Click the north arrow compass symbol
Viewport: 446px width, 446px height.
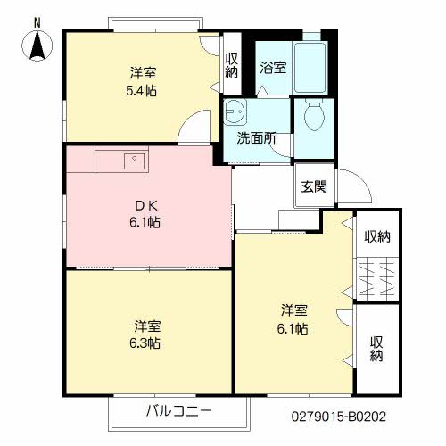(37, 45)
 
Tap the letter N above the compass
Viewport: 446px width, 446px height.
(37, 23)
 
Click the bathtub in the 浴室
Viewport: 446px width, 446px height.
(310, 68)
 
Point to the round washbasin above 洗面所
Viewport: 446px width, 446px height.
(235, 111)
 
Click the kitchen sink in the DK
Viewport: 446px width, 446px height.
(134, 161)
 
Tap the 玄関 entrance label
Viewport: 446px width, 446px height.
(314, 186)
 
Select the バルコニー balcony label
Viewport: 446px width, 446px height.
(178, 411)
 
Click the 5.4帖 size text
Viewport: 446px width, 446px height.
(142, 91)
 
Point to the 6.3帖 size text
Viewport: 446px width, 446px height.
(145, 343)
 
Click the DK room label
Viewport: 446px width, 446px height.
(145, 205)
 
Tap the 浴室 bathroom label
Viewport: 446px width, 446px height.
(273, 68)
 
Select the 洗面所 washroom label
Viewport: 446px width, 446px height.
(256, 138)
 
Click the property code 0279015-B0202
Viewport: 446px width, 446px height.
(339, 417)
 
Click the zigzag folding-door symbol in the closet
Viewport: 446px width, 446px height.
(377, 278)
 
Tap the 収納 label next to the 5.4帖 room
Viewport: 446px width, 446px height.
(232, 65)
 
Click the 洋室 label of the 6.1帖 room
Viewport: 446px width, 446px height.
(294, 310)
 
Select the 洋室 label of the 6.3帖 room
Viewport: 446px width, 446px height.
(147, 326)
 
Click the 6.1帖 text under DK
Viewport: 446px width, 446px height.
(145, 222)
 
